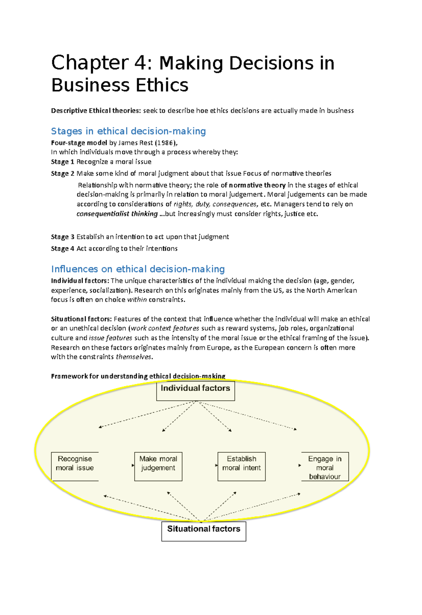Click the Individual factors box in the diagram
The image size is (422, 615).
point(195,391)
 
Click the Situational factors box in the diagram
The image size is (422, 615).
point(204,531)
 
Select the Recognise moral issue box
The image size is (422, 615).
point(75,466)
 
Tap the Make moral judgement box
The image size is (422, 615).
point(158,466)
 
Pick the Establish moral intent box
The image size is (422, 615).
point(242,466)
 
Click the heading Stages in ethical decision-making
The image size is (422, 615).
point(128,131)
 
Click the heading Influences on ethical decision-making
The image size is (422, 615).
point(138,269)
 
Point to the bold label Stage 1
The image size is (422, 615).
point(63,162)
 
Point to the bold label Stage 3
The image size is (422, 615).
point(63,237)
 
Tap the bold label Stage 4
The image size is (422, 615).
point(63,249)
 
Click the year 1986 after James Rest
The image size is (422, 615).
point(165,143)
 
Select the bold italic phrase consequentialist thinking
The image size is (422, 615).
point(117,214)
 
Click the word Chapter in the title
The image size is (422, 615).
point(90,63)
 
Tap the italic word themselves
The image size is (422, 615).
point(134,357)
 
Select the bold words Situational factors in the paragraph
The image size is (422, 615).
point(81,319)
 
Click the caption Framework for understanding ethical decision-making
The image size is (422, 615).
point(138,376)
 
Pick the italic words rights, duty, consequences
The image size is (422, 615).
point(215,204)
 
